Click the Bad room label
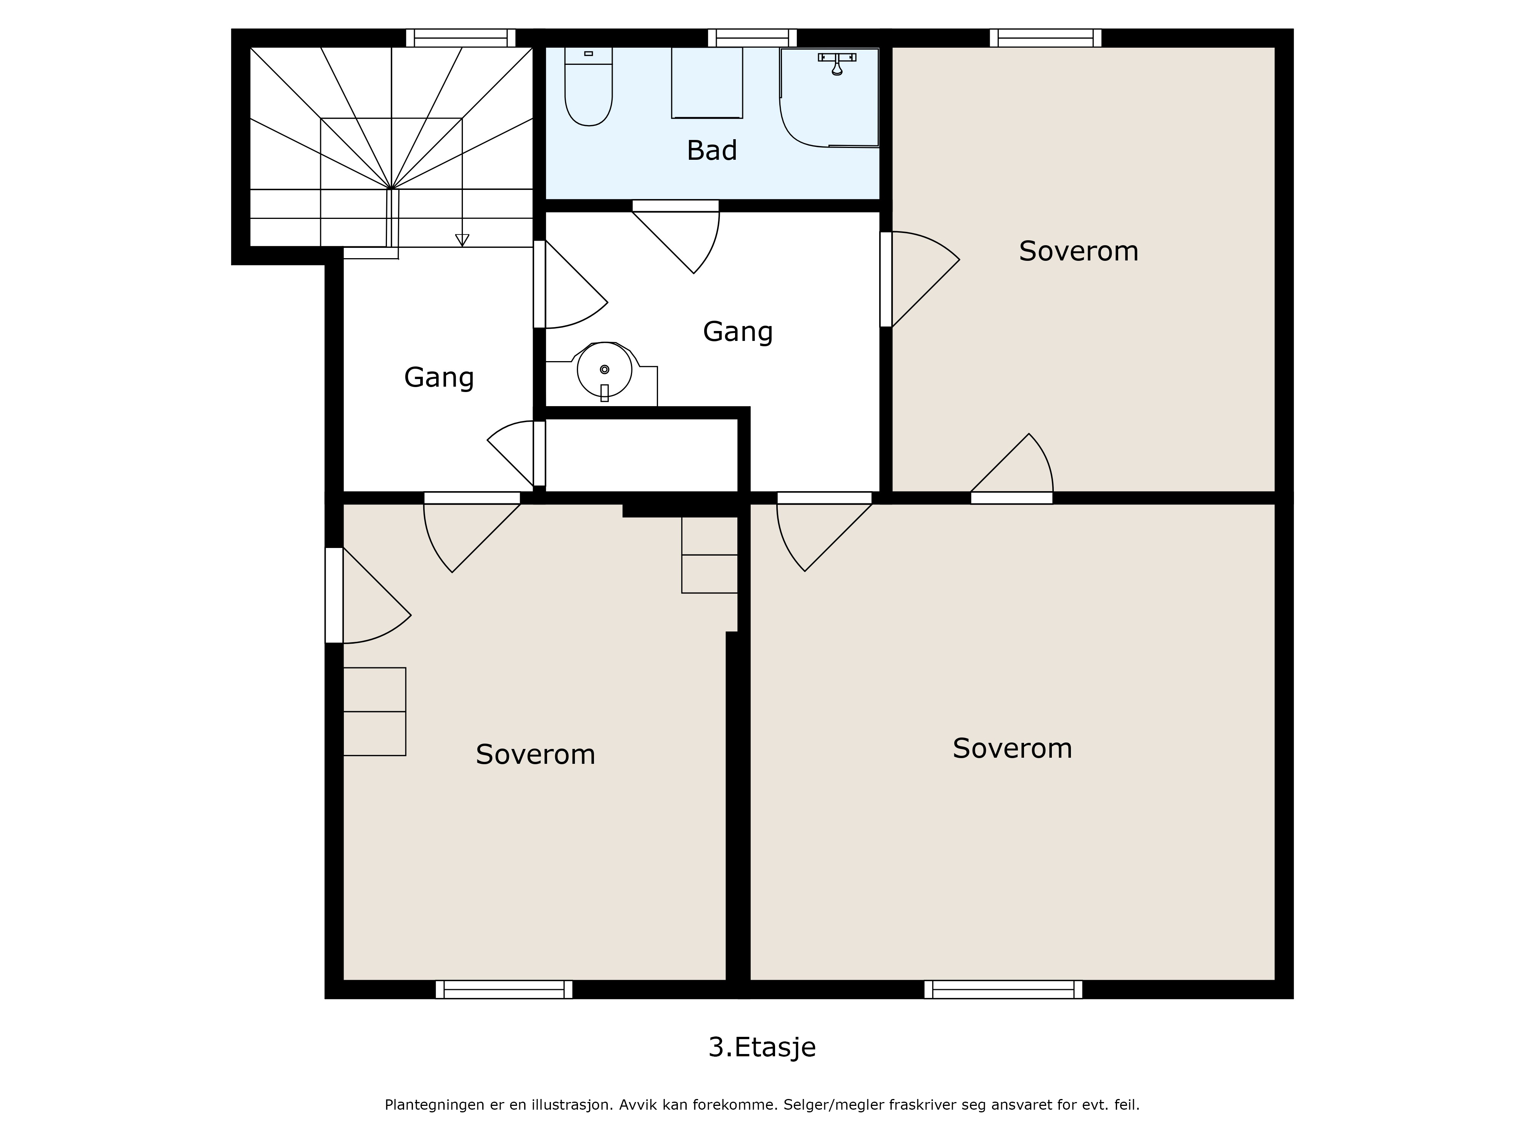coord(711,150)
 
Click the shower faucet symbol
coord(837,63)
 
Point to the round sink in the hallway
coord(605,370)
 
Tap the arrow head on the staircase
coord(462,240)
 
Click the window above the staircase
coord(461,38)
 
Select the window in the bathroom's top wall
coord(752,38)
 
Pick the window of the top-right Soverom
coord(1045,38)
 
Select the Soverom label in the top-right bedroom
coord(1078,251)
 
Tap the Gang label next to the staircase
coord(439,378)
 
